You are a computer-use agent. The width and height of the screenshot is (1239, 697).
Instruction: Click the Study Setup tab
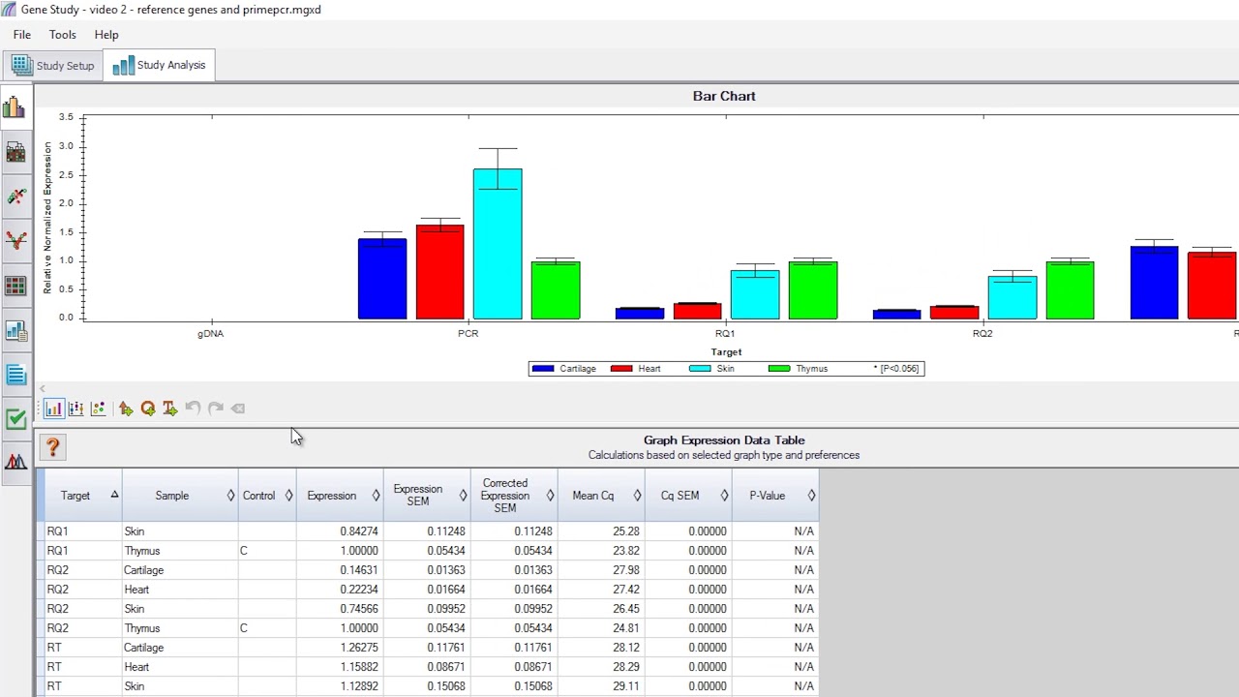pos(53,66)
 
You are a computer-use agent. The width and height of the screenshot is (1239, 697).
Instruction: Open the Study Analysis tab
pos(160,65)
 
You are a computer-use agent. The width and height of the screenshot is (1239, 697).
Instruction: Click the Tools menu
pos(62,35)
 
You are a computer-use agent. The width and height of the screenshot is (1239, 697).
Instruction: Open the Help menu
pos(106,35)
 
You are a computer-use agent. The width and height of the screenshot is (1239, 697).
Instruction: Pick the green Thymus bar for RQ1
pos(813,289)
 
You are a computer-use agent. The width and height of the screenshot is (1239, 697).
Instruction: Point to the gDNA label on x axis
pos(210,334)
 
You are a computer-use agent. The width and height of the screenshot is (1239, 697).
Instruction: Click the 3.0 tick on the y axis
pos(66,146)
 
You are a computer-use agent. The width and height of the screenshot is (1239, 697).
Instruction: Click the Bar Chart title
pos(723,96)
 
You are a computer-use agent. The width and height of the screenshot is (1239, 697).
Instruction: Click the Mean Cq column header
pos(592,496)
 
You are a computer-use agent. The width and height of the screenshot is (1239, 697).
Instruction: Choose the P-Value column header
pos(767,496)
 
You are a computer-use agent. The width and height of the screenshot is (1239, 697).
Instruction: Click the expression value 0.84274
pos(358,531)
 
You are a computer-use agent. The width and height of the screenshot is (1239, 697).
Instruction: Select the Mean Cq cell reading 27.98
pos(625,570)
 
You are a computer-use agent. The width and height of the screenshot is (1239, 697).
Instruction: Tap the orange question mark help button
pos(52,446)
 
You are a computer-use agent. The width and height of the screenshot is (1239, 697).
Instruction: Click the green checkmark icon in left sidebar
pos(15,419)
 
